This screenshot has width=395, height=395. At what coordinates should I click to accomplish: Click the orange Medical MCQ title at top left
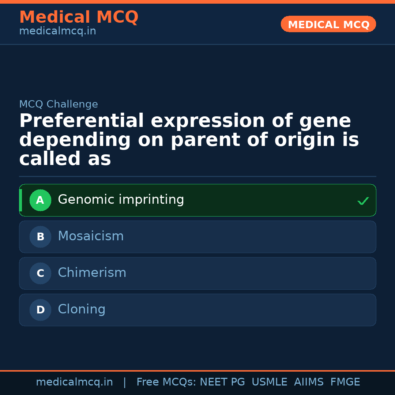click(79, 17)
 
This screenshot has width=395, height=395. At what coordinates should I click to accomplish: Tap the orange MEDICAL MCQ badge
click(328, 25)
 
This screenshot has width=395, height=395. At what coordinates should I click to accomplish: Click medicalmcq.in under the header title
click(57, 31)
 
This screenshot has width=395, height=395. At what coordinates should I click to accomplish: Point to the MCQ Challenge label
click(59, 104)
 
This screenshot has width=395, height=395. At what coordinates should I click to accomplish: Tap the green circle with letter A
click(40, 200)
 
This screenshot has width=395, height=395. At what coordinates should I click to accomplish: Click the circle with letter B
click(40, 237)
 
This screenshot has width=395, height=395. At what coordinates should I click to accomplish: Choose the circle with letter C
click(40, 274)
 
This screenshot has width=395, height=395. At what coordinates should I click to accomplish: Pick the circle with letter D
click(40, 310)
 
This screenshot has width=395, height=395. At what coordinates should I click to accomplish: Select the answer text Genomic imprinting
click(121, 200)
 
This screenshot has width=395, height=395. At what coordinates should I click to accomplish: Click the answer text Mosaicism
click(91, 236)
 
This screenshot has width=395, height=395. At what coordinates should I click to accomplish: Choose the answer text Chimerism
click(92, 273)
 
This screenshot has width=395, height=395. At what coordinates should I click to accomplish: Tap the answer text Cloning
click(82, 309)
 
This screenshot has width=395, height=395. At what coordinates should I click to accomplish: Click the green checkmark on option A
click(363, 201)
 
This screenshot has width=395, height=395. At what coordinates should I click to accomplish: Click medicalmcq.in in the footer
click(74, 382)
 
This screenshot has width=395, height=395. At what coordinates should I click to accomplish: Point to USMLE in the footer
click(269, 382)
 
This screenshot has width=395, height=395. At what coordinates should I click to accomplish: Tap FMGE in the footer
click(345, 382)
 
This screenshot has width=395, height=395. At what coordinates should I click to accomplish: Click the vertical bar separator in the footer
click(125, 382)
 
